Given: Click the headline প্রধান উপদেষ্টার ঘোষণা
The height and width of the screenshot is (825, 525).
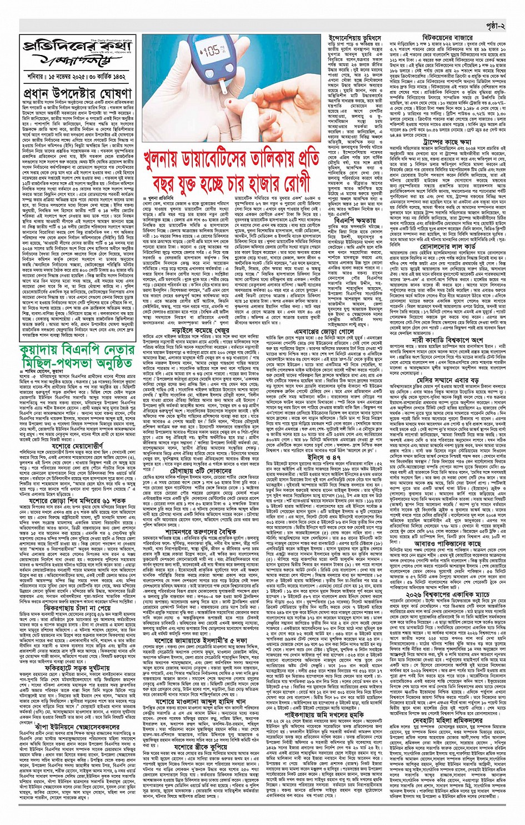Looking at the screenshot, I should click(77, 92).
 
